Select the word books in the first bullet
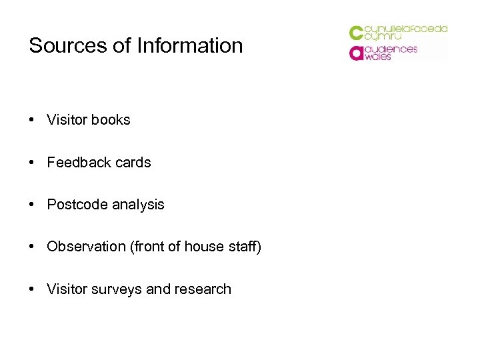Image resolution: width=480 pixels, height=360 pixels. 111,120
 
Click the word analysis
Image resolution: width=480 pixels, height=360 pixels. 137,205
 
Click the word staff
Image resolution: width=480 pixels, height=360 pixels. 242,247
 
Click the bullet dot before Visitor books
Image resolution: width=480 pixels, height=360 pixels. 32,120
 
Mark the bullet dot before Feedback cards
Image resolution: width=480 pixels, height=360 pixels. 32,163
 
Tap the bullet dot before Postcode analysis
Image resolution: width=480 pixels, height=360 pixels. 32,205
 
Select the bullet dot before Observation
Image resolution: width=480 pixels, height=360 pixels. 32,247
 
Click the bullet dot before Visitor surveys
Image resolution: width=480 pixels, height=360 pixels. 32,289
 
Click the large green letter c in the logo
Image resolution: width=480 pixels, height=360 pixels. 356,33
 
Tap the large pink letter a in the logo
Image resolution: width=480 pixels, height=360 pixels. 356,53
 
